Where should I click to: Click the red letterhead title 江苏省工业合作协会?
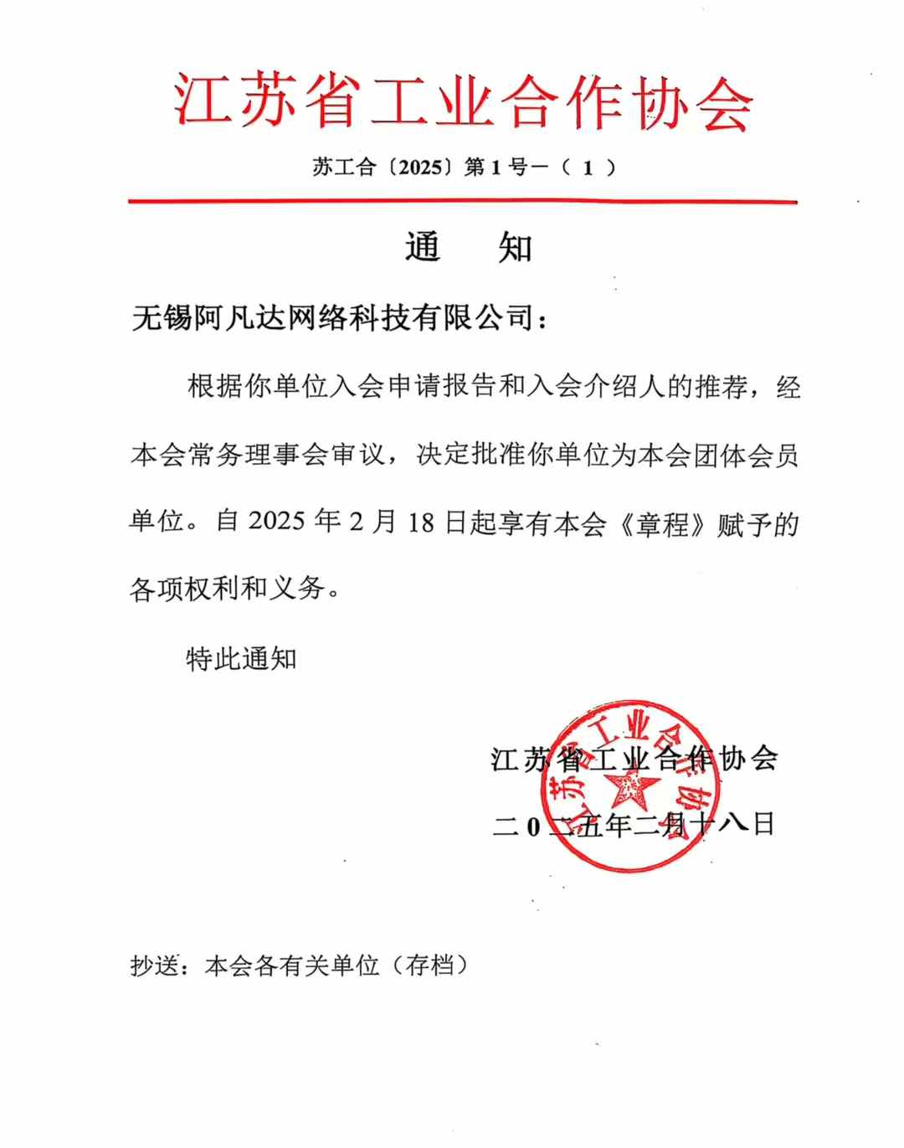463,102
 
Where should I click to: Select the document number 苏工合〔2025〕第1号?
410,167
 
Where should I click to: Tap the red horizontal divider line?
462,202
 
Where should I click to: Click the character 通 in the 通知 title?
423,248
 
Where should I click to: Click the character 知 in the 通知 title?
515,248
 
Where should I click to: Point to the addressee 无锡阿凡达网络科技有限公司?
333,318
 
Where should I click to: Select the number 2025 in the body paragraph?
277,521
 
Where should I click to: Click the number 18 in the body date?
422,523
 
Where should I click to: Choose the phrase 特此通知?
241,659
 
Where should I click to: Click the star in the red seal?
629,788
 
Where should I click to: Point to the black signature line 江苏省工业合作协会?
634,759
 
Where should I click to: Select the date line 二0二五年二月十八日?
634,826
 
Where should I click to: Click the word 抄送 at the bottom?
155,965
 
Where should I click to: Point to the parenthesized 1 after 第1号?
588,167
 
